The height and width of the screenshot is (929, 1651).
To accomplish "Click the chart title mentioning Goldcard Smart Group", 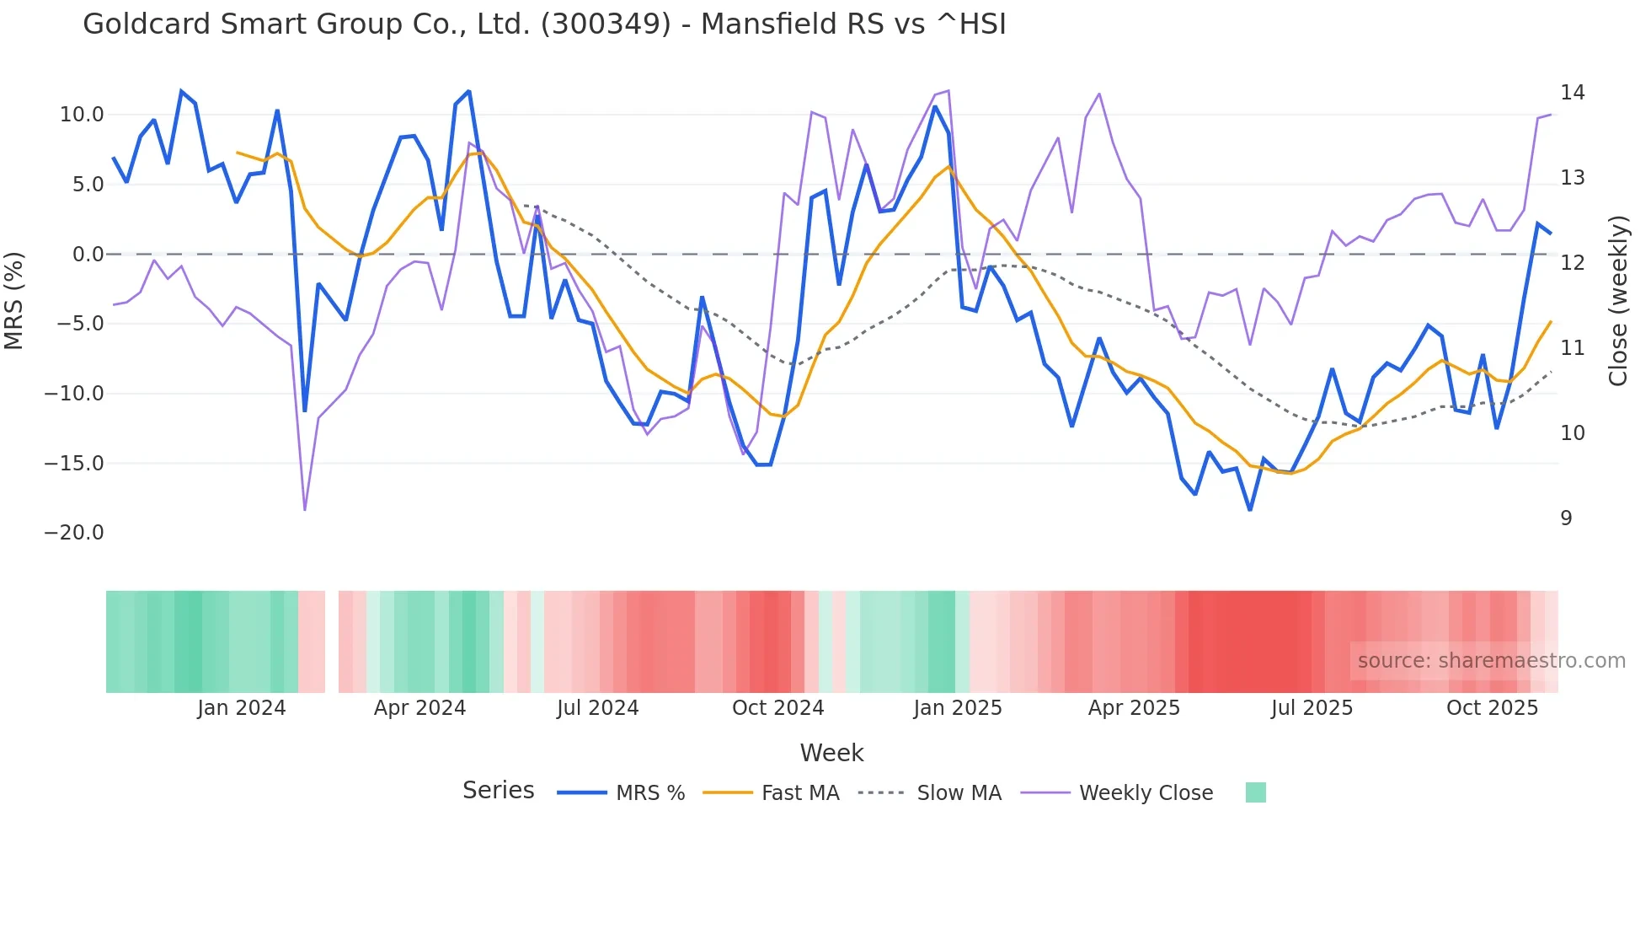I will click(544, 24).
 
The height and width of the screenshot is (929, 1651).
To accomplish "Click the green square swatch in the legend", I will click(1255, 792).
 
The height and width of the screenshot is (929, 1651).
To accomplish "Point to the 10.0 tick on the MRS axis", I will click(82, 115).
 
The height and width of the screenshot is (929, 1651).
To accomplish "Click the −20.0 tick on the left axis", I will click(74, 533).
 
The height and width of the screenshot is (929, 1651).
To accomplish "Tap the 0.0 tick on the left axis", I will click(88, 255).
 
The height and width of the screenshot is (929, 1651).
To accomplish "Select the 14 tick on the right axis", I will click(1572, 93).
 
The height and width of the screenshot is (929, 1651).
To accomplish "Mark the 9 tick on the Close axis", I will click(1566, 518).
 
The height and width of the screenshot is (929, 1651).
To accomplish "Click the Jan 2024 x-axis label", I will click(242, 708).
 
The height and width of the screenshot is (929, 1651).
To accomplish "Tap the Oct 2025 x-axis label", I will click(1492, 708).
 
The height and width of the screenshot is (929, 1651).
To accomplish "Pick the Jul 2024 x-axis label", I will click(597, 708).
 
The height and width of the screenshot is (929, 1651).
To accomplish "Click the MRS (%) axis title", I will click(14, 301).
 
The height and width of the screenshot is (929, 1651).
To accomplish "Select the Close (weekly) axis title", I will click(1617, 301).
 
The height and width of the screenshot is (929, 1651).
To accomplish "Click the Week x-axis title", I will click(831, 753).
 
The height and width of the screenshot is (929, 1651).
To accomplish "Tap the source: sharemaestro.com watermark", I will click(1491, 661).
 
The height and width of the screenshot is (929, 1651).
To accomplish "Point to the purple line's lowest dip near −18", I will click(305, 509).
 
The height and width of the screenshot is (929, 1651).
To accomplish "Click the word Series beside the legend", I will click(498, 791).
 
